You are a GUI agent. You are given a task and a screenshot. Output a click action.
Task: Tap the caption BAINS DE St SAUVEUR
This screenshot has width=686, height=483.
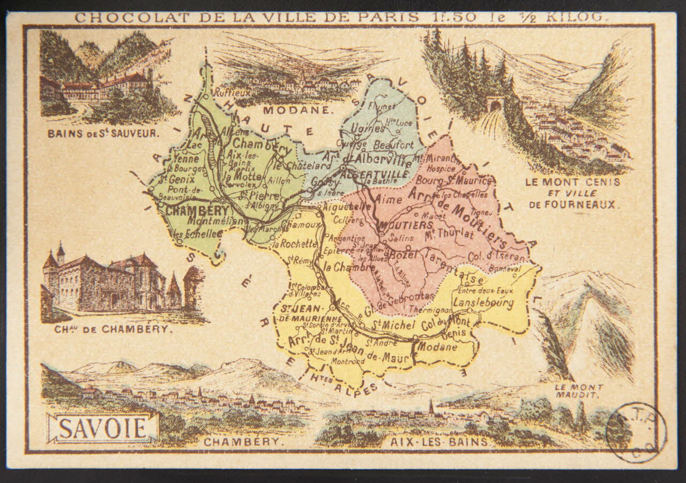coord(103,133)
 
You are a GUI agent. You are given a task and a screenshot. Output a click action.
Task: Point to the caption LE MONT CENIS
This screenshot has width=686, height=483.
coord(573,182)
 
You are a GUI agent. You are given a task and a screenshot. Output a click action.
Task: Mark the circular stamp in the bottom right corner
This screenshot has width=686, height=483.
coord(636,432)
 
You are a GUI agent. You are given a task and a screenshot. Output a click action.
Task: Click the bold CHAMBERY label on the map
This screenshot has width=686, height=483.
coord(193,210)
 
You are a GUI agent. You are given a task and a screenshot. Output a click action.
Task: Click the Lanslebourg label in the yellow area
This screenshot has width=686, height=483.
coord(483,303)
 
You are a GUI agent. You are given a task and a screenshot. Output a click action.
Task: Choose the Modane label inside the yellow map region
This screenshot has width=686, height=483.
coord(437,346)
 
